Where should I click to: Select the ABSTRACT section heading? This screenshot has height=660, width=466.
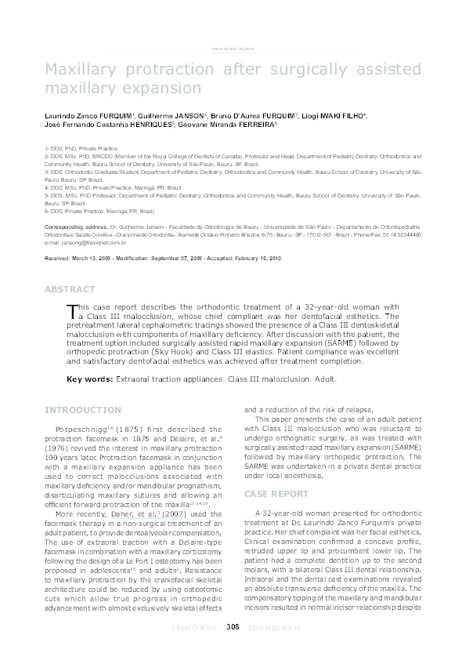click(71, 289)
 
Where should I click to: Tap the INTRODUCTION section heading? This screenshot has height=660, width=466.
click(83, 410)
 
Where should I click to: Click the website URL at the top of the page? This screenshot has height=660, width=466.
click(233, 49)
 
